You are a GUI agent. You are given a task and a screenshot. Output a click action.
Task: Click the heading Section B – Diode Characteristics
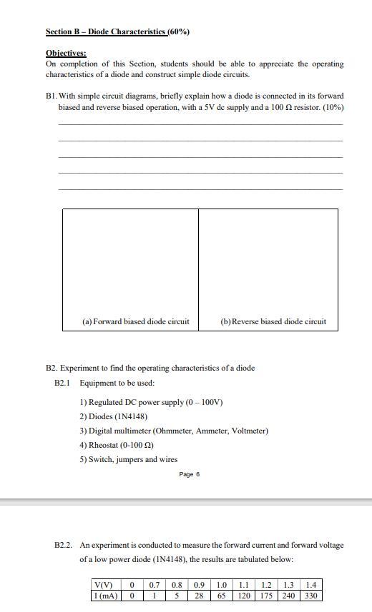(x=106, y=32)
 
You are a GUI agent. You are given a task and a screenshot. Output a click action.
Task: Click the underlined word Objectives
(x=66, y=53)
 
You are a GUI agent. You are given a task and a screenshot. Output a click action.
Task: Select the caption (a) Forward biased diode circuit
(x=136, y=321)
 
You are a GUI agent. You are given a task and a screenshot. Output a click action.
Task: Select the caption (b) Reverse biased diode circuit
(x=273, y=321)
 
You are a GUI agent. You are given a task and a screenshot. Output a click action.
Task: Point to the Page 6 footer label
(x=189, y=474)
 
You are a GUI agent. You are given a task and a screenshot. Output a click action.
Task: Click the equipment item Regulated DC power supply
(x=152, y=402)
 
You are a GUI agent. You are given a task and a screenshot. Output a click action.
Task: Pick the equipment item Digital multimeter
(x=174, y=431)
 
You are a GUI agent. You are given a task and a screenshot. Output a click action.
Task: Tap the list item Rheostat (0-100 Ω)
(x=117, y=445)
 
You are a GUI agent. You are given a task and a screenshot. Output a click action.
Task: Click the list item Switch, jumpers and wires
(x=129, y=459)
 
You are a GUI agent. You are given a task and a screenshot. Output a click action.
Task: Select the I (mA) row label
(x=104, y=596)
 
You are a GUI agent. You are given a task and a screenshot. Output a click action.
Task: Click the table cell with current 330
(x=311, y=596)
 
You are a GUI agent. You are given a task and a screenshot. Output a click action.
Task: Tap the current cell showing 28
(x=200, y=596)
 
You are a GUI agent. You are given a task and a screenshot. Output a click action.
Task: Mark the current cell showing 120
(x=244, y=596)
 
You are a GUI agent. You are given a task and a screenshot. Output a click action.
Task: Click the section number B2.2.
(x=64, y=545)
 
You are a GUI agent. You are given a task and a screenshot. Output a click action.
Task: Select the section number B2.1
(x=63, y=383)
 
